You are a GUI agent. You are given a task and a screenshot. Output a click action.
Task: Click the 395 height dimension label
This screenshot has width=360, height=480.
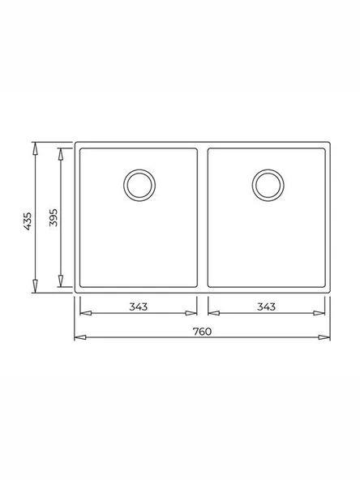pos(53,218)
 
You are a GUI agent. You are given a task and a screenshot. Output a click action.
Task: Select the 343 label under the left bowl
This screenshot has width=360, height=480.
pos(138,306)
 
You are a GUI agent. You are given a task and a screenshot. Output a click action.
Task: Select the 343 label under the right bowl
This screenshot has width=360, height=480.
pos(266,306)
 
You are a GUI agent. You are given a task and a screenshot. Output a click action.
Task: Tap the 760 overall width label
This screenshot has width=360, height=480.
pos(202,331)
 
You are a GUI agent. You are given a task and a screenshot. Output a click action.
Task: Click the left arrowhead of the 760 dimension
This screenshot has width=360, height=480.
pos(79,336)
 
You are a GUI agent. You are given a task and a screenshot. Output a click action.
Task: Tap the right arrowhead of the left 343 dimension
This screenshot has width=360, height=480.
pos(194,312)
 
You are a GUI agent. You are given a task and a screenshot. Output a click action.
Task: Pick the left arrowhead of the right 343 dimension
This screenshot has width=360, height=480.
pos(211,312)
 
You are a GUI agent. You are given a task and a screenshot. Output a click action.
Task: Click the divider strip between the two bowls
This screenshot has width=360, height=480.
pos(202,217)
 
